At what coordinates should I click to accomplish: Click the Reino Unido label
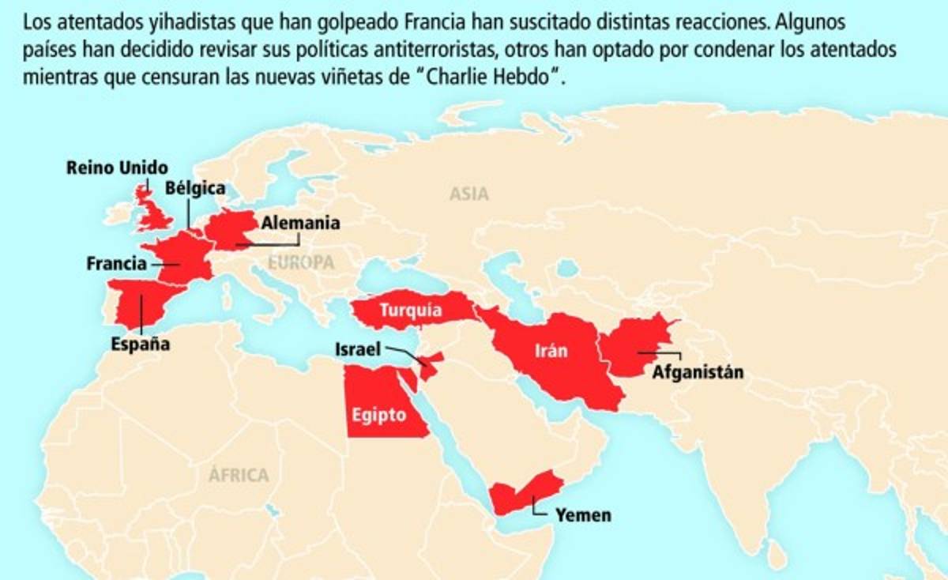(x=117, y=168)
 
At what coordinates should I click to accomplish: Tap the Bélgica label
(x=195, y=188)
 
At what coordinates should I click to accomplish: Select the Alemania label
(x=300, y=223)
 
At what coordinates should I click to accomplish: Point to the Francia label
(x=116, y=263)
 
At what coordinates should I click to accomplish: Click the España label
(x=140, y=345)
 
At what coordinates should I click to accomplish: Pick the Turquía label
(x=410, y=310)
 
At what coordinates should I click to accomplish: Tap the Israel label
(x=358, y=348)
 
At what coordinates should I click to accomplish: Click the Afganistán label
(x=698, y=371)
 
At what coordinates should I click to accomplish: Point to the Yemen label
(x=583, y=515)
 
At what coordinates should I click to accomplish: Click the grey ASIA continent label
(x=469, y=194)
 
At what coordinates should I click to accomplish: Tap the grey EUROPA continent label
(x=301, y=263)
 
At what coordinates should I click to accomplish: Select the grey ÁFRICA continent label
(x=239, y=475)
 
